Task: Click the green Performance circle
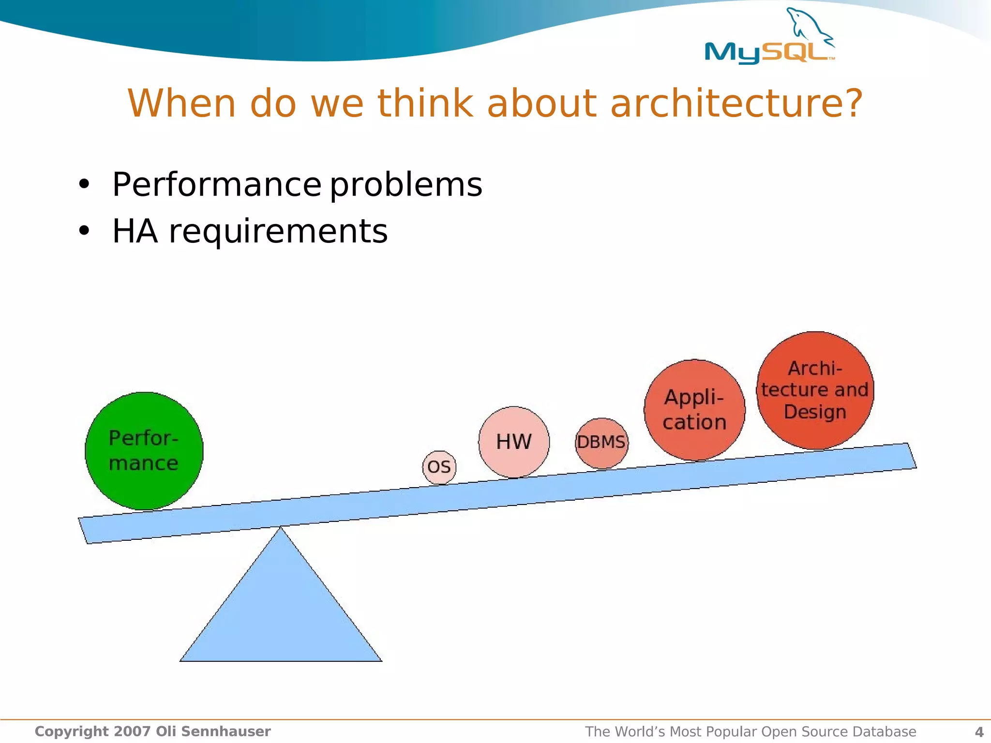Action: pos(144,451)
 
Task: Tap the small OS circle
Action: pos(439,467)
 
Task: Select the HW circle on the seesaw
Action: pos(514,442)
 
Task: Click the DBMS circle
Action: pos(601,443)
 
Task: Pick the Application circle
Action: pos(694,410)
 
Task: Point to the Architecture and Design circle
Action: pos(815,390)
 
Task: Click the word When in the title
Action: pos(181,104)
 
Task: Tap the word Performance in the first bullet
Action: pos(216,185)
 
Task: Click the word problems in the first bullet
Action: pos(406,186)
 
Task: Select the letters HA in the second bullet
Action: pos(135,231)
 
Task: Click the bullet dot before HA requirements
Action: pos(84,231)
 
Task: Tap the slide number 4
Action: pos(979,732)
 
